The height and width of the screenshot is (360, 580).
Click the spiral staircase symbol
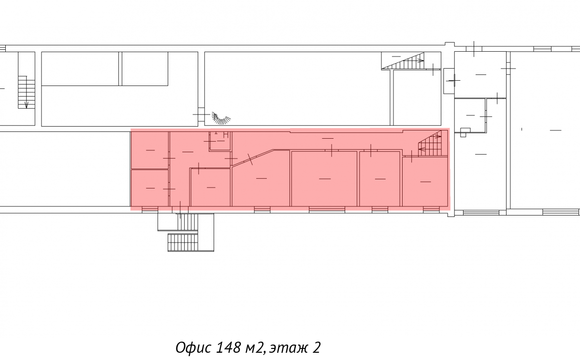click(x=221, y=119)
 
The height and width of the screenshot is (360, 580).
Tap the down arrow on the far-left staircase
click(x=26, y=105)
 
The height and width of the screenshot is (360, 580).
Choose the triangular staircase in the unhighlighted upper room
click(x=403, y=61)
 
